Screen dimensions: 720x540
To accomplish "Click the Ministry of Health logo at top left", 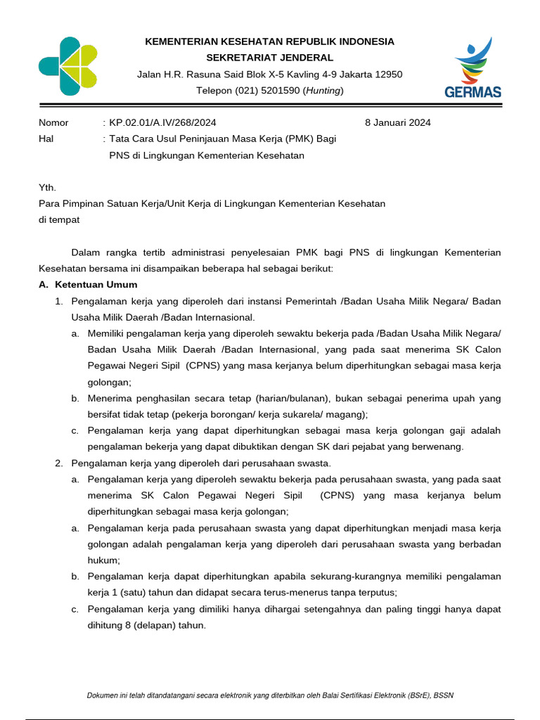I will pyautogui.click(x=67, y=66).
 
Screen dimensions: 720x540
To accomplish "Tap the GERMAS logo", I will pyautogui.click(x=472, y=68).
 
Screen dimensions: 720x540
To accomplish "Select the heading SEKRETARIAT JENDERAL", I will pyautogui.click(x=269, y=58).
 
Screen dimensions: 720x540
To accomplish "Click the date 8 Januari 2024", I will pyautogui.click(x=397, y=122).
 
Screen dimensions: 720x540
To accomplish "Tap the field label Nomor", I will pyautogui.click(x=53, y=122).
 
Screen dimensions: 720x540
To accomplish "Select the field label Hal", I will pyautogui.click(x=46, y=139).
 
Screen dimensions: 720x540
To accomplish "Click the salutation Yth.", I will pyautogui.click(x=46, y=188).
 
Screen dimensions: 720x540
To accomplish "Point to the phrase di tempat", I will pyautogui.click(x=59, y=219).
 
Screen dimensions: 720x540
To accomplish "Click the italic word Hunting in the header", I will pyautogui.click(x=323, y=91).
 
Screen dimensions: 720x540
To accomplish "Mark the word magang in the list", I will pyautogui.click(x=348, y=415).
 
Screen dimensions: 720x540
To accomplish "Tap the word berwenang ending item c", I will pyautogui.click(x=440, y=446).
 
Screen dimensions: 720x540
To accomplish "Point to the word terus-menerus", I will pyautogui.click(x=264, y=592).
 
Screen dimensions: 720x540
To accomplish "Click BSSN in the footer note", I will pyautogui.click(x=444, y=695).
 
